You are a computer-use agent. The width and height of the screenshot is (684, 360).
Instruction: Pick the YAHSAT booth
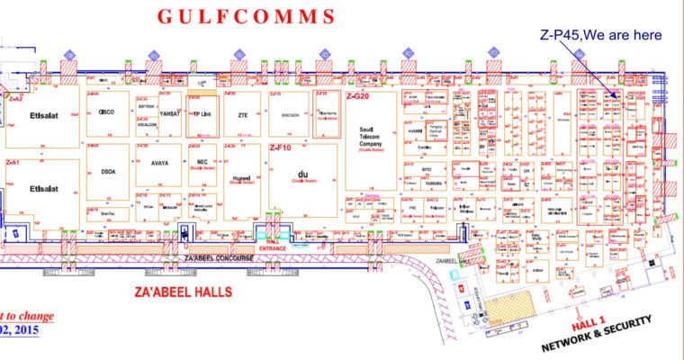point(169,115)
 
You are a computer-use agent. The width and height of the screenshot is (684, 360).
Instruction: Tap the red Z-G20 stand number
point(358,95)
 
